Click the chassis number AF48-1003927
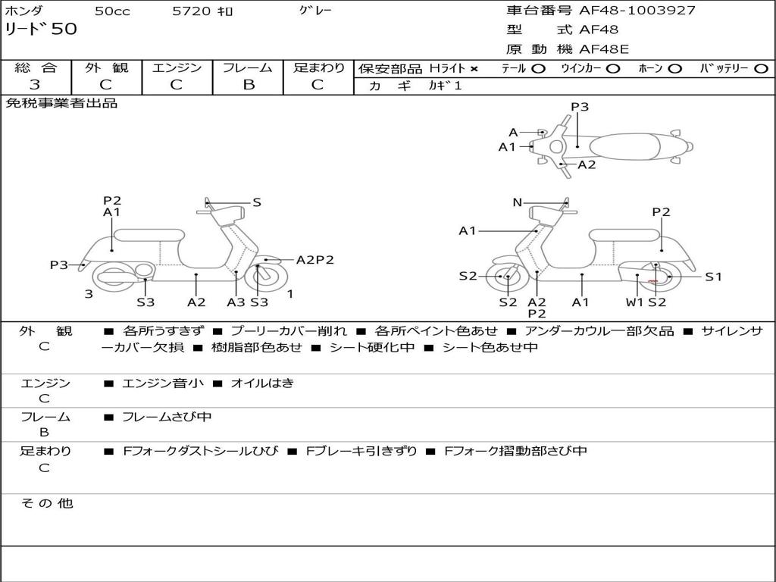pos(637,11)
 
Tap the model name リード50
pos(41,29)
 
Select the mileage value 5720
pos(191,11)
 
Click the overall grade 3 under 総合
pos(35,85)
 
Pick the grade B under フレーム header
pos(249,85)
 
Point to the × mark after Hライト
pos(474,69)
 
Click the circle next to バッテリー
pos(761,69)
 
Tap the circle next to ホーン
pos(674,69)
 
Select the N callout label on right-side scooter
pos(517,202)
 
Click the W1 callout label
pos(634,302)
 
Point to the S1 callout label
pos(713,277)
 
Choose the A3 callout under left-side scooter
pos(236,302)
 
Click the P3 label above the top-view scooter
pos(580,107)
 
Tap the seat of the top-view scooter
pos(624,147)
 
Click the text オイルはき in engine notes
pos(262,383)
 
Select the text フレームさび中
pos(167,418)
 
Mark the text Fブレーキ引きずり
pos(361,452)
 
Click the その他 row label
pos(47,503)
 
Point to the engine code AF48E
pos(604,49)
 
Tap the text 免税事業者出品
pos(61,103)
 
